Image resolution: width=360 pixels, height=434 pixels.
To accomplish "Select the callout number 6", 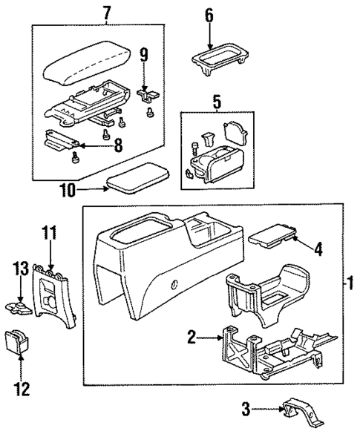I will coord(209,14).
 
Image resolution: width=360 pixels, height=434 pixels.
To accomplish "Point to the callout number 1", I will coord(349,283).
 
